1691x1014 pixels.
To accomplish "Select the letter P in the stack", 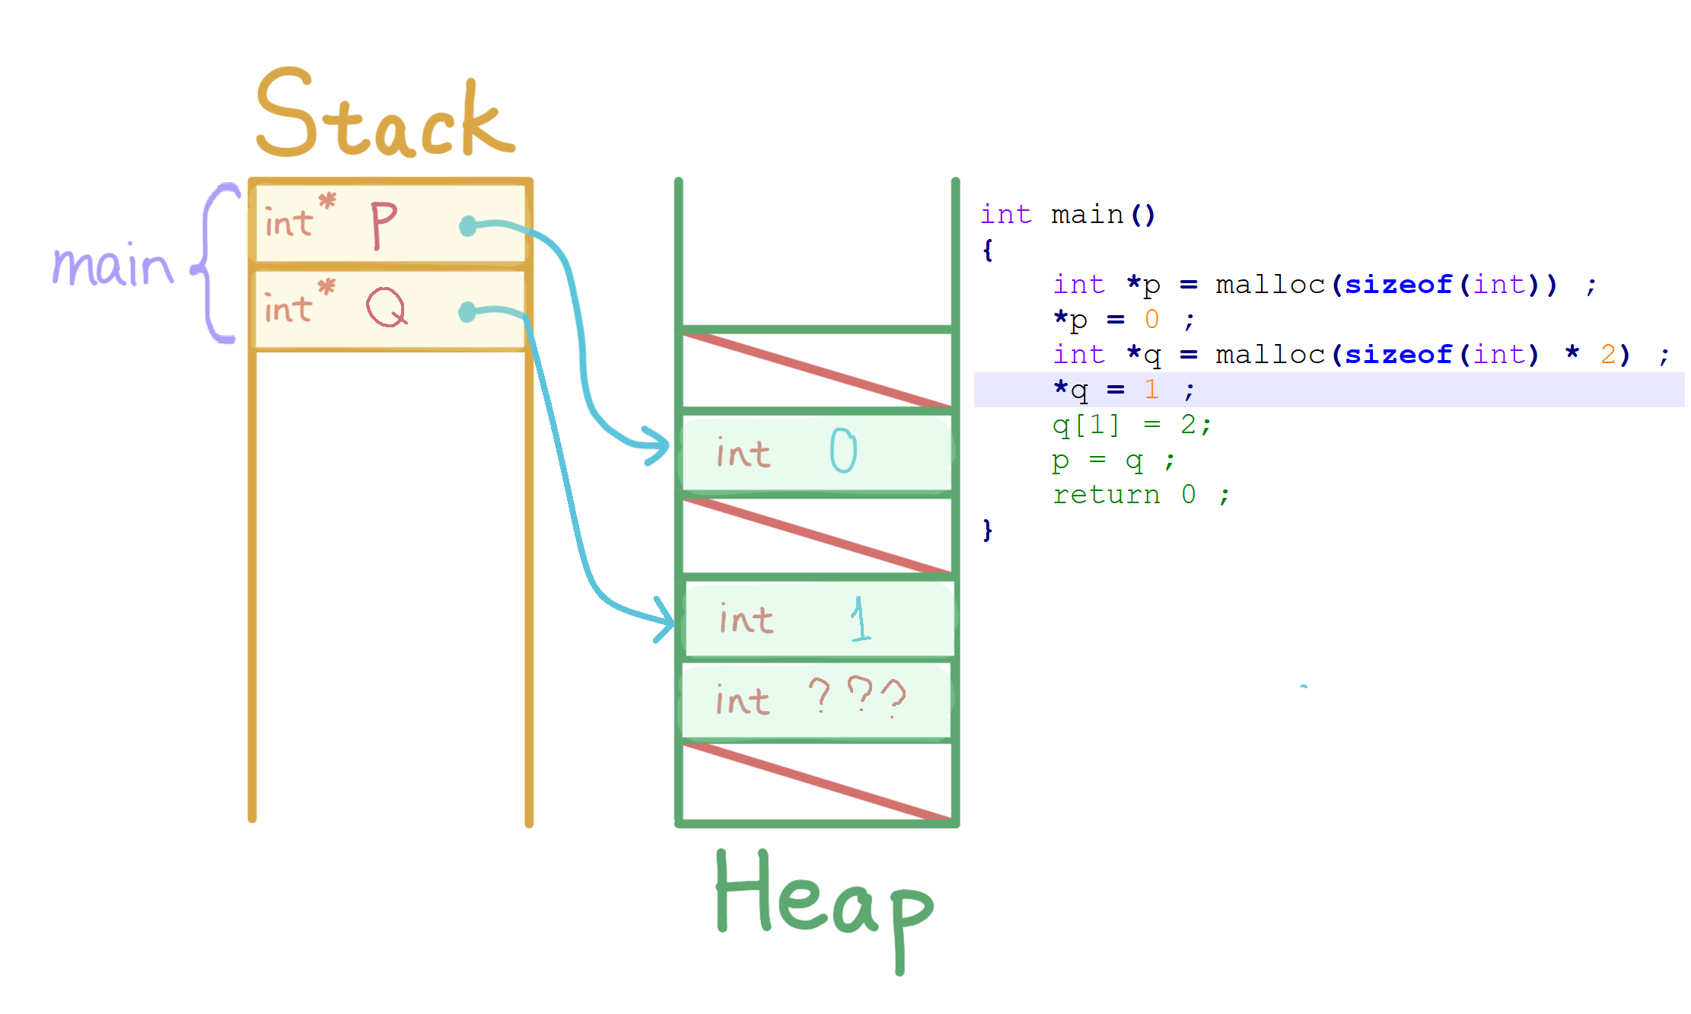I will tap(383, 225).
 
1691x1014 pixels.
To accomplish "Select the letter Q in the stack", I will tap(387, 308).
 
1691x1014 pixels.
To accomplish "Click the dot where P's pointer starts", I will tap(468, 226).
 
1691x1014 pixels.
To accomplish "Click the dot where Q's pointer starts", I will tap(467, 312).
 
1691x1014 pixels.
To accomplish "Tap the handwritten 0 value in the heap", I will tap(842, 450).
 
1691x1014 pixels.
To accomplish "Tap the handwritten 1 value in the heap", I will tap(860, 619).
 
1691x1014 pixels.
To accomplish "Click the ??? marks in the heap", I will tap(857, 696).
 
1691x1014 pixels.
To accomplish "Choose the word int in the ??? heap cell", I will tap(742, 700).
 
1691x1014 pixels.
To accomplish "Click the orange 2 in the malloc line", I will tap(1608, 355).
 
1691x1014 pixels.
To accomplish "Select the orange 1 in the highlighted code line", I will tap(1151, 390).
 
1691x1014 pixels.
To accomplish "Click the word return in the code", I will tap(1106, 495).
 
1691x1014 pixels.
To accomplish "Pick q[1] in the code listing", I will tap(1086, 425).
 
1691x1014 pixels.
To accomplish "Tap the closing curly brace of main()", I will tap(988, 529).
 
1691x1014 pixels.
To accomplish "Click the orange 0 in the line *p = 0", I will tap(1151, 320).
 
